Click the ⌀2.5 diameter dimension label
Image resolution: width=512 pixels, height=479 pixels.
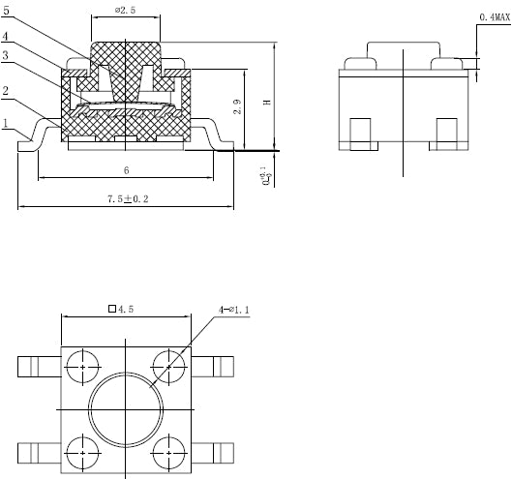pos(127,10)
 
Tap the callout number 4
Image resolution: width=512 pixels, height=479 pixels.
pos(8,38)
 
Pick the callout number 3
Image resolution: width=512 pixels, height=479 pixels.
pos(8,56)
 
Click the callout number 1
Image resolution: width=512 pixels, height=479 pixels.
pos(7,124)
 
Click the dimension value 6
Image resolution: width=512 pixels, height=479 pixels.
pos(127,170)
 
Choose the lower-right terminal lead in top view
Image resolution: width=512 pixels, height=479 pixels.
pos(217,452)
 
